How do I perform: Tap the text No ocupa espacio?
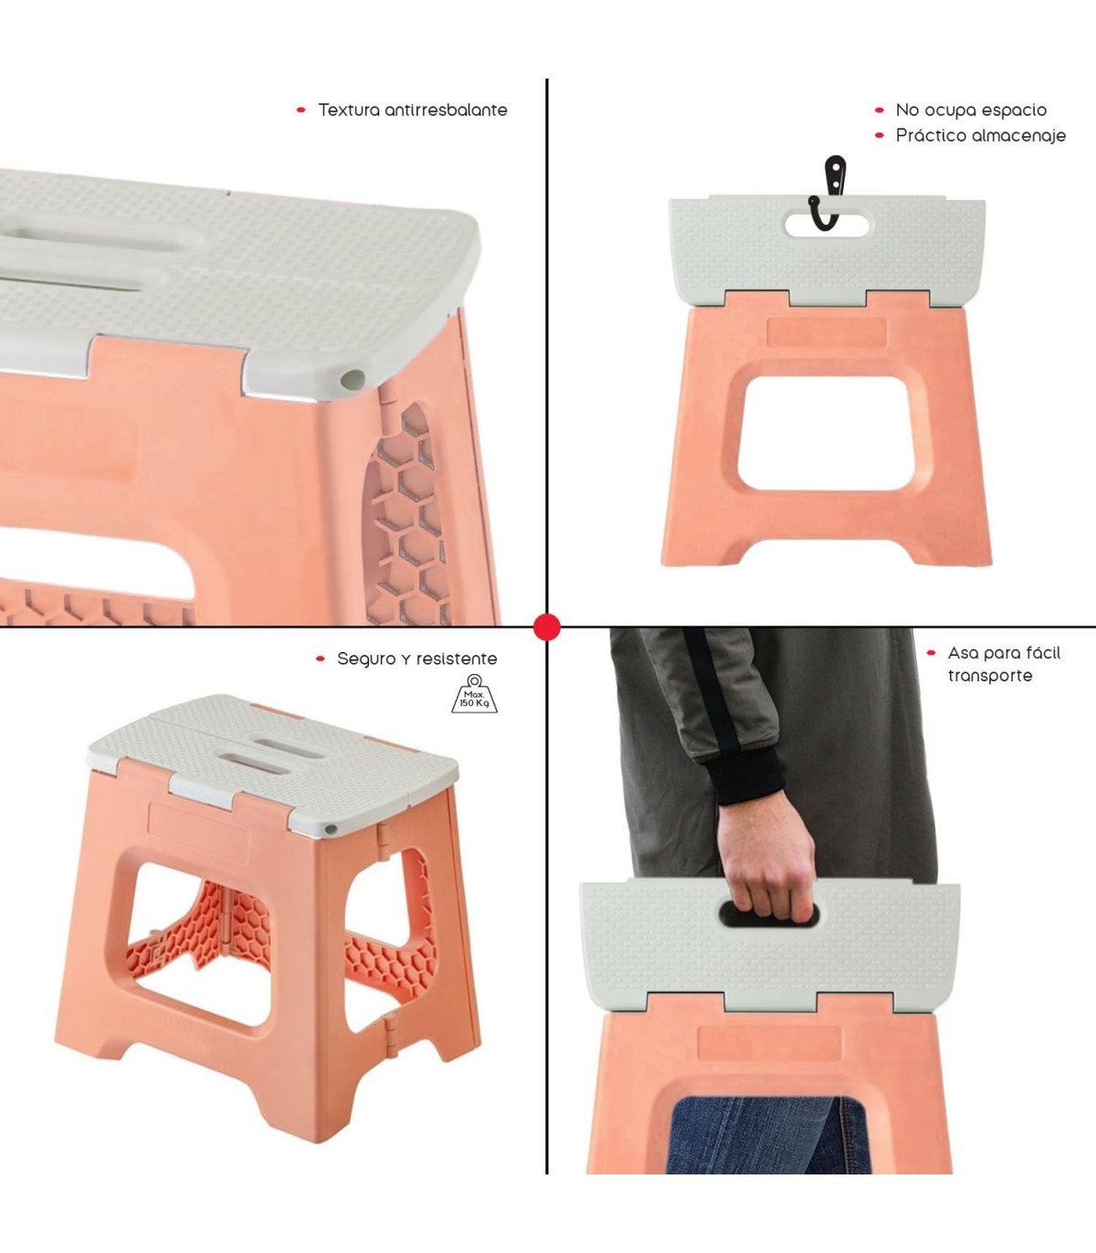click(971, 111)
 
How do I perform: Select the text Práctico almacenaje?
click(980, 135)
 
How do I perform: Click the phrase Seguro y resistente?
click(417, 659)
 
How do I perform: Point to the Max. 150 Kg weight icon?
click(474, 694)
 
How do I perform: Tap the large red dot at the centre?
click(547, 627)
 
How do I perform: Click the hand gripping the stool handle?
click(767, 864)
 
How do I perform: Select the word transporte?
click(989, 676)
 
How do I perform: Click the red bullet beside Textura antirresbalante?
click(300, 111)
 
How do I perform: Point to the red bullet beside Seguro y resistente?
click(320, 659)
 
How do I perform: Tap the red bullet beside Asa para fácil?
click(931, 653)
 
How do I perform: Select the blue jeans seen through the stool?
click(767, 1136)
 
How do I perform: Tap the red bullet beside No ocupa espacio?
click(880, 111)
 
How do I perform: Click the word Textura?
click(349, 111)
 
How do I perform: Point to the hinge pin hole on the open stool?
click(331, 830)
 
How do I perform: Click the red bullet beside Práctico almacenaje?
click(880, 135)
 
